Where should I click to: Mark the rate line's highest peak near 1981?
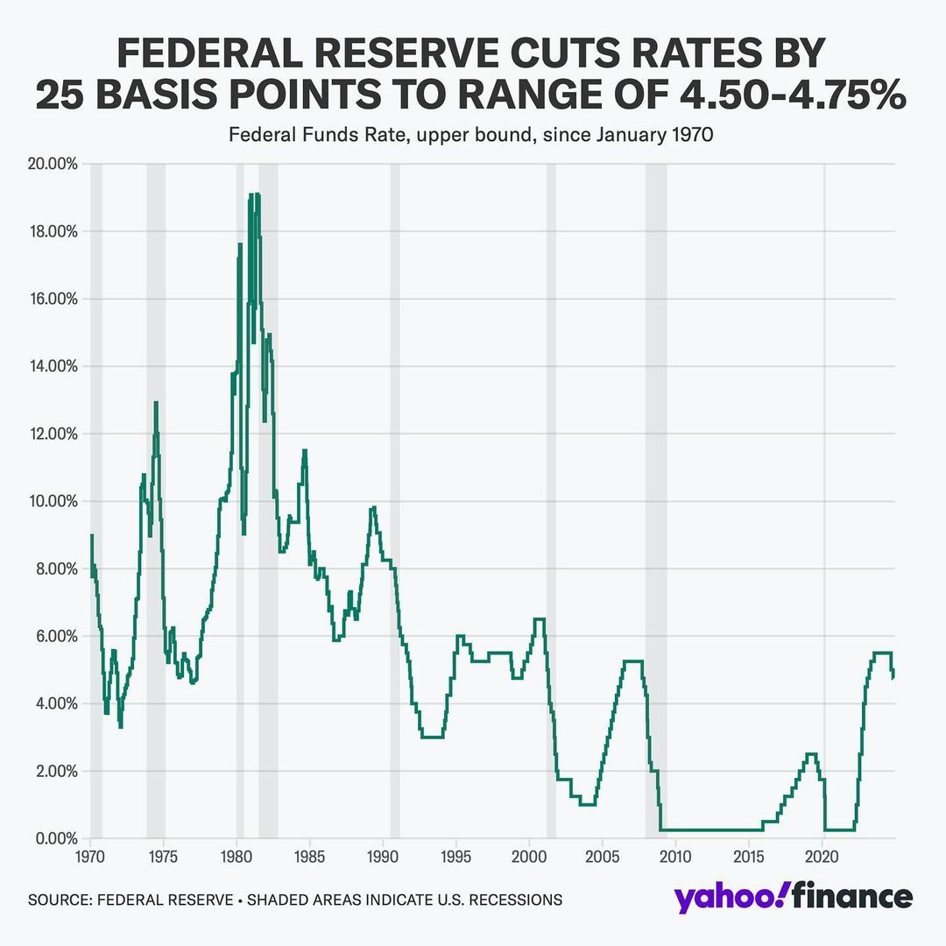[x=251, y=194]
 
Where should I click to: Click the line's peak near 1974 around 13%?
[x=156, y=403]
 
